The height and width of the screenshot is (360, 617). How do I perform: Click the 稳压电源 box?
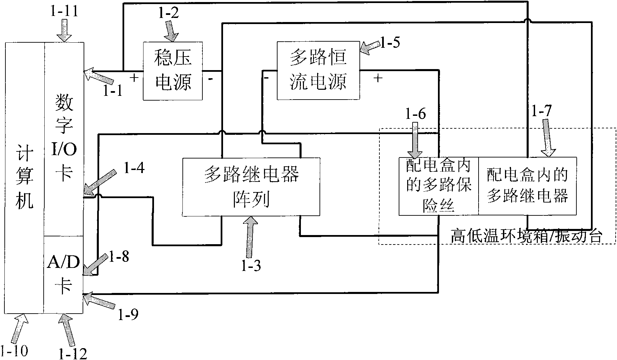click(x=173, y=71)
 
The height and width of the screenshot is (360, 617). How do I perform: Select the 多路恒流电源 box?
click(x=318, y=71)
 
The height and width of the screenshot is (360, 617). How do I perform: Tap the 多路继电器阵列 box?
click(x=251, y=187)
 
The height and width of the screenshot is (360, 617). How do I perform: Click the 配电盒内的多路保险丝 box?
click(x=439, y=186)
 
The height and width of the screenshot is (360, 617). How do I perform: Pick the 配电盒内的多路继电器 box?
click(x=527, y=186)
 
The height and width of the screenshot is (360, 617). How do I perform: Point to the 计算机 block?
click(x=25, y=178)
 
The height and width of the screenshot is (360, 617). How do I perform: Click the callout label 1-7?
click(x=541, y=111)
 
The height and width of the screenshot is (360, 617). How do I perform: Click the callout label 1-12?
click(x=73, y=353)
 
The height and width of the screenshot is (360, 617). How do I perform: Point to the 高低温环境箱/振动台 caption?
click(x=526, y=236)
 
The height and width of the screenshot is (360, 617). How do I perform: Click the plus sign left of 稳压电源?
click(x=134, y=78)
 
